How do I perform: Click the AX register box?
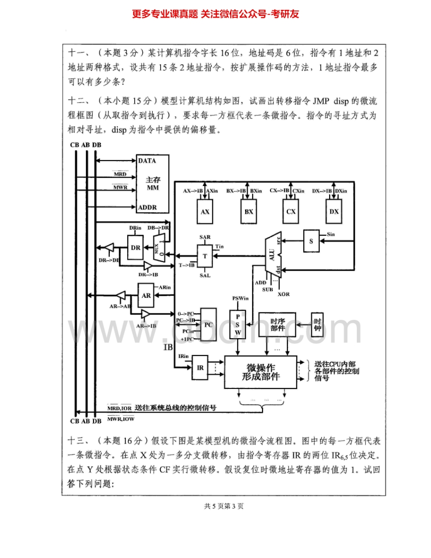(205, 211)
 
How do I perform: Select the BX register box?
(249, 211)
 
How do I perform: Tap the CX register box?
(291, 211)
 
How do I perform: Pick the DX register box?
(334, 211)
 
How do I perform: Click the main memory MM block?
(153, 183)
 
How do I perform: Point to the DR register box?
(136, 247)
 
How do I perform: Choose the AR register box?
(146, 295)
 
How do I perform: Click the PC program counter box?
(208, 325)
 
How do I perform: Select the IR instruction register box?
(200, 368)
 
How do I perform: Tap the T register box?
(205, 256)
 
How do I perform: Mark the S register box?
(311, 242)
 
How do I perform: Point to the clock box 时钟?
(318, 325)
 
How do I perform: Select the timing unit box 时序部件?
(277, 325)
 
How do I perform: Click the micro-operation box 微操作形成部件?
(261, 372)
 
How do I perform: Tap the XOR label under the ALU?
(283, 294)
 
